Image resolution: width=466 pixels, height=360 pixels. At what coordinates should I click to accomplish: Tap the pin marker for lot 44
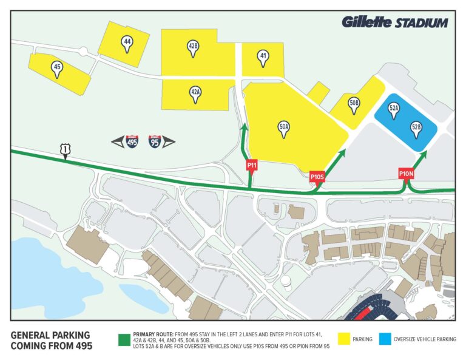[x=127, y=43]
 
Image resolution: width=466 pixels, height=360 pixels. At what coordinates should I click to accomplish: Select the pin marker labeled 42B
[x=194, y=48]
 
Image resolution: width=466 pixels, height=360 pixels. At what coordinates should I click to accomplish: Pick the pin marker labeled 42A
[x=195, y=93]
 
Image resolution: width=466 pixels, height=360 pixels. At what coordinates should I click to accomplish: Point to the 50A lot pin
[x=283, y=129]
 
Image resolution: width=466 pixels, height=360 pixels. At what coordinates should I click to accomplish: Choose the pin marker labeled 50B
[x=354, y=105]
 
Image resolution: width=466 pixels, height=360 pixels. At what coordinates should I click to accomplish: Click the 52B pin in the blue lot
[x=416, y=129]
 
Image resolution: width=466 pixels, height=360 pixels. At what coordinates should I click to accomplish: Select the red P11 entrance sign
[x=252, y=165]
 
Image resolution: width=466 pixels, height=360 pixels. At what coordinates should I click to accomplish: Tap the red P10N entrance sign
[x=406, y=174]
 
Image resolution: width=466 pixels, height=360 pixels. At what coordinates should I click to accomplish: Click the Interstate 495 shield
[x=132, y=141]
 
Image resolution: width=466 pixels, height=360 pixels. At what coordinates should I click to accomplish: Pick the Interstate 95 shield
[x=155, y=141]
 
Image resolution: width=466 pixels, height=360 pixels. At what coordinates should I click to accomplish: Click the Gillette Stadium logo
[x=394, y=23]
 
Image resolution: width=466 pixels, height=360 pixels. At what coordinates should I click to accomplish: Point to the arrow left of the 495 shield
[x=117, y=141]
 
